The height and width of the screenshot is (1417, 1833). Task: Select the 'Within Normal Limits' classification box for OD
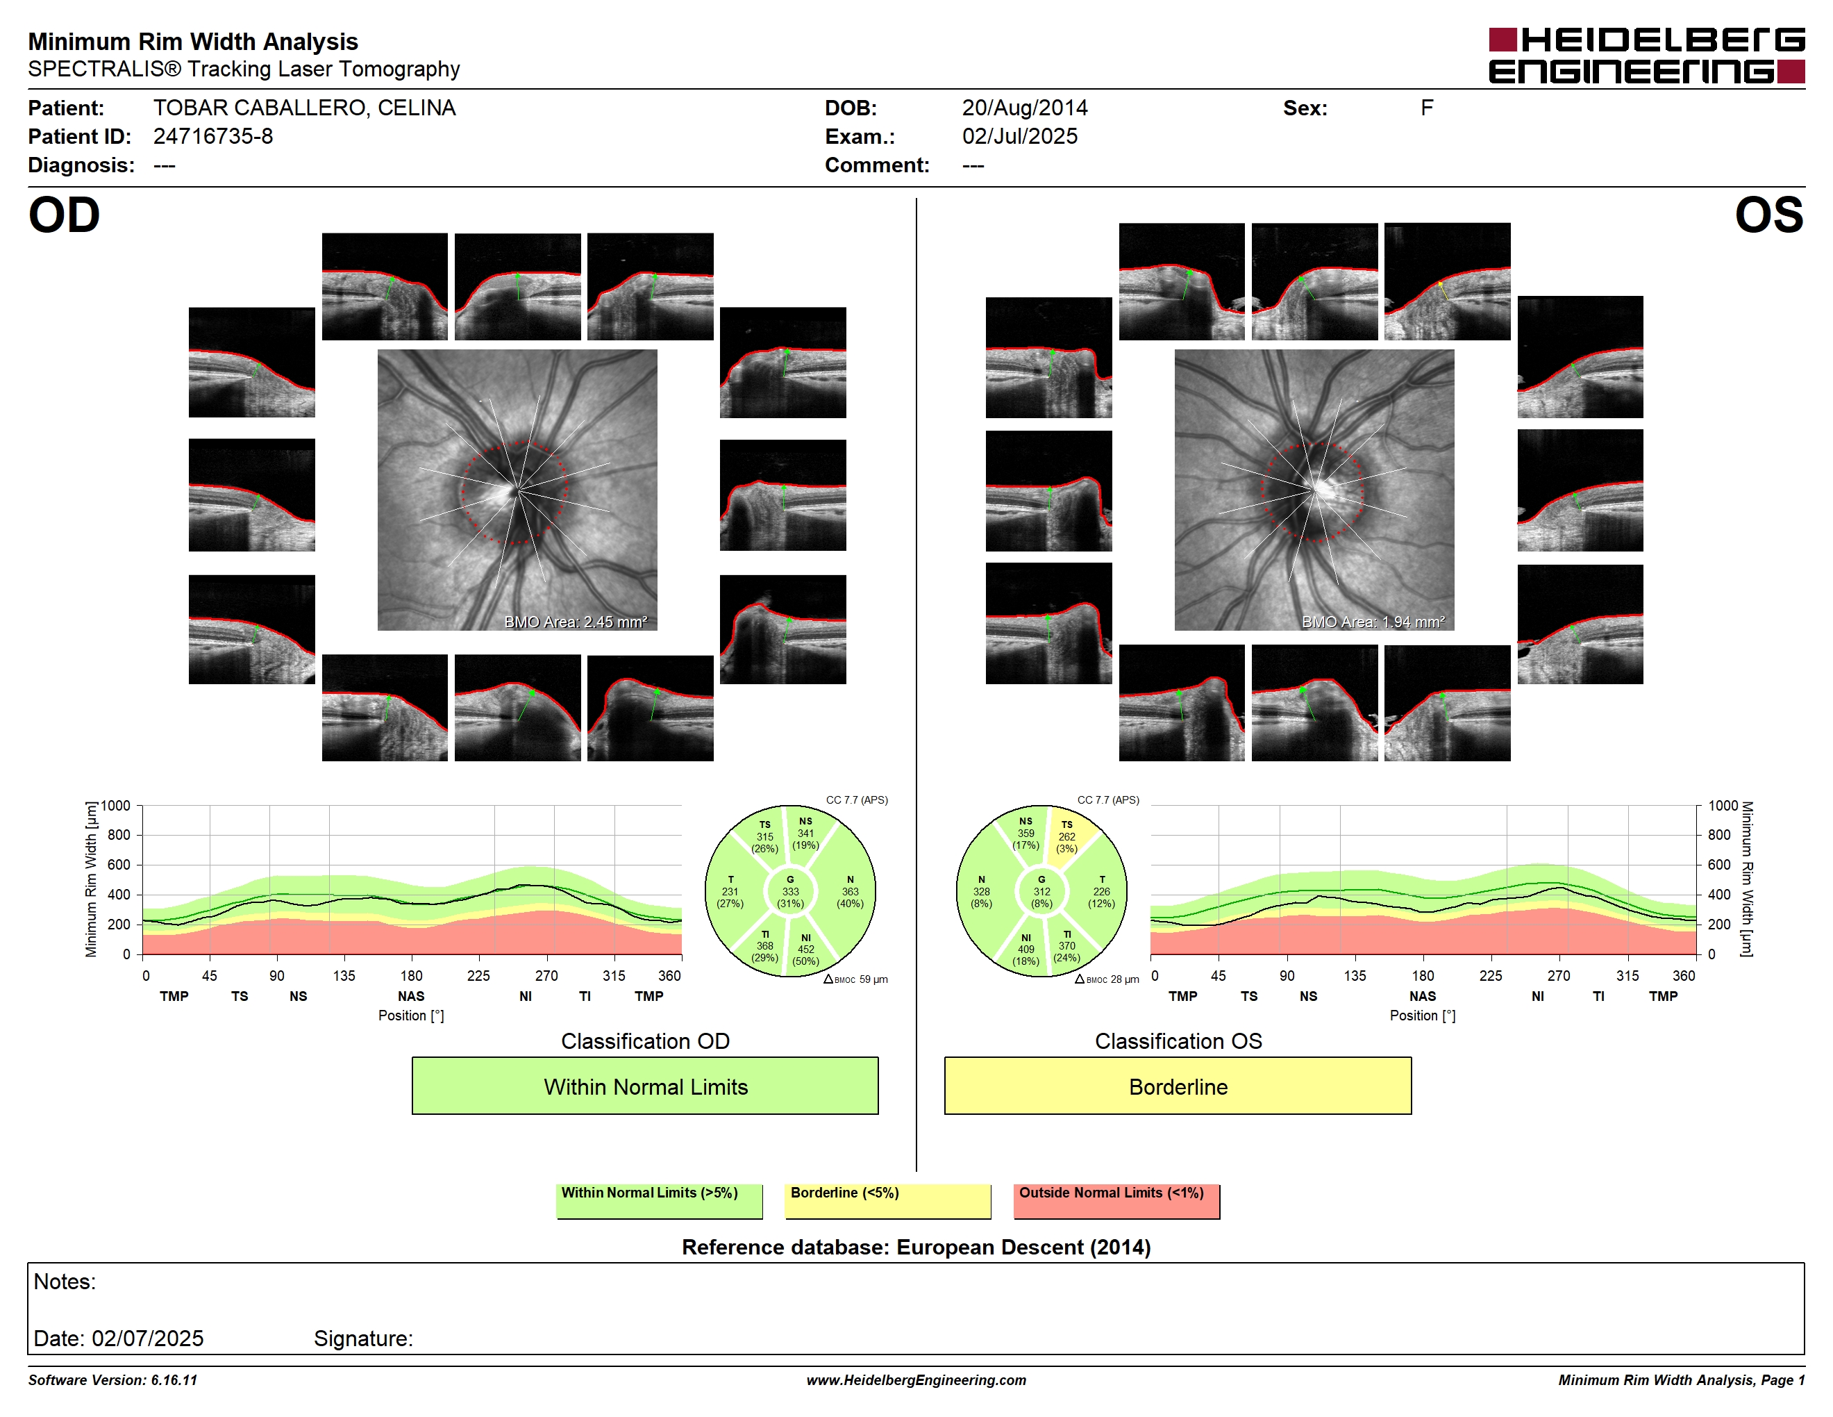pos(644,1086)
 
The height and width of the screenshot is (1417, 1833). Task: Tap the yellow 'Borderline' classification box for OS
pos(1178,1086)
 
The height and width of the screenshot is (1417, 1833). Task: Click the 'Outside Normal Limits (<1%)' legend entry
pos(1116,1200)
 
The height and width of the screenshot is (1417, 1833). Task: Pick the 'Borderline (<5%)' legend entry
pos(887,1200)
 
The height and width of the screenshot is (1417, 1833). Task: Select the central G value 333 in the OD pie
pos(789,891)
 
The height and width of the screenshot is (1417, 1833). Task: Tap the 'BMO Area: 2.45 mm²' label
pos(576,622)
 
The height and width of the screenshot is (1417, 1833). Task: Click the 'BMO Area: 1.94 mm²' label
pos(1373,622)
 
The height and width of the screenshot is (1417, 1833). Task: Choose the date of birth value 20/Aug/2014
pos(1025,108)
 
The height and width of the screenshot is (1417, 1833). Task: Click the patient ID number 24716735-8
pos(213,137)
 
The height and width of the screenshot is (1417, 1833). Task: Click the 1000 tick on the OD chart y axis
pos(116,806)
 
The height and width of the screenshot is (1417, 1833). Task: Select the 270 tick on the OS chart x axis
pos(1559,975)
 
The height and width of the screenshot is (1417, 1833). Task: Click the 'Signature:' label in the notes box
pos(363,1338)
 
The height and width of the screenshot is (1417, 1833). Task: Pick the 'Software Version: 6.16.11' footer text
pos(112,1380)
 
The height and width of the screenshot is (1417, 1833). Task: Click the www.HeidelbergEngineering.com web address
pos(916,1380)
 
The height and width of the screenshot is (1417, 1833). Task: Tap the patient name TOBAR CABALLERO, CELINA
pos(305,108)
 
